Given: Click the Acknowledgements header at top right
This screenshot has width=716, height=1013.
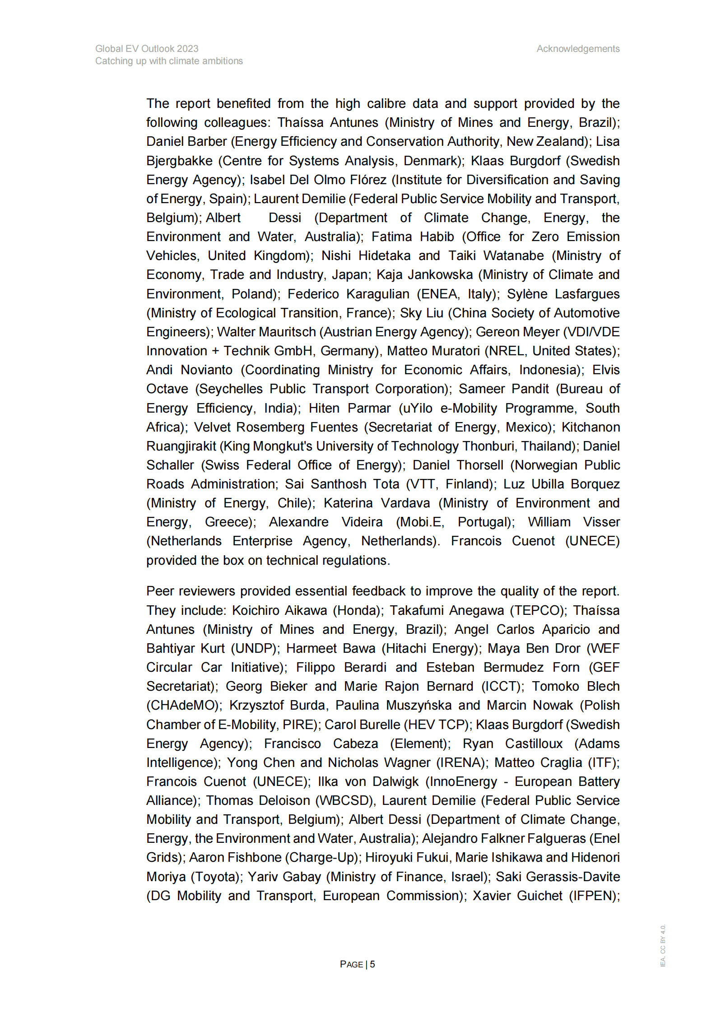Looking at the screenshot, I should point(577,49).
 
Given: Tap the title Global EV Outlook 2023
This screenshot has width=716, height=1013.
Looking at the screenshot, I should point(147,49).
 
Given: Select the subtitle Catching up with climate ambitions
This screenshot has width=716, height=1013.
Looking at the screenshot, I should point(169,61).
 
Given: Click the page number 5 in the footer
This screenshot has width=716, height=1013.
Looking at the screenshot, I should point(372,964).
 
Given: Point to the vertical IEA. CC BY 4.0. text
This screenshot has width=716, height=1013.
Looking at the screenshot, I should point(662,945).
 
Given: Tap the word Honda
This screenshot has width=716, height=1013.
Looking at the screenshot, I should point(357,610).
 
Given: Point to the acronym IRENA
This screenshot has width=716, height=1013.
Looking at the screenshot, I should point(460,762).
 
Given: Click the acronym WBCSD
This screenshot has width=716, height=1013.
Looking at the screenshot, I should point(345,800).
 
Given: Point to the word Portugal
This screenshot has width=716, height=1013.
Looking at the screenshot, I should point(484,522).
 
